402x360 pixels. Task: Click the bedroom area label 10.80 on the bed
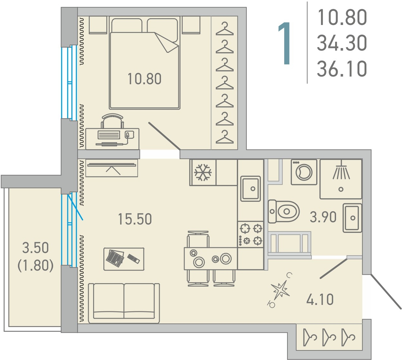pyautogui.click(x=144, y=79)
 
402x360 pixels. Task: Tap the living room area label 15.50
pyautogui.click(x=135, y=219)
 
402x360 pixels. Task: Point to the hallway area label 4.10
pyautogui.click(x=320, y=299)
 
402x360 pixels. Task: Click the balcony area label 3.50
pyautogui.click(x=36, y=248)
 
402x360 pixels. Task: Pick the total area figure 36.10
pyautogui.click(x=342, y=69)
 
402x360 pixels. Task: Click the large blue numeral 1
pyautogui.click(x=285, y=43)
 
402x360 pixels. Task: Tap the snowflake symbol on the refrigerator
pyautogui.click(x=203, y=172)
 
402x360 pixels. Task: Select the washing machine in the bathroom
pyautogui.click(x=304, y=172)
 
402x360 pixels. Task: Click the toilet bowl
pyautogui.click(x=284, y=211)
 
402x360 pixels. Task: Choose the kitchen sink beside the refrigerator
pyautogui.click(x=250, y=189)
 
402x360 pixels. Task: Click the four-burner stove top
pyautogui.click(x=251, y=234)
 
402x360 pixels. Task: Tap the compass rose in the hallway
pyautogui.click(x=280, y=290)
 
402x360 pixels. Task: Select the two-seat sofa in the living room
pyautogui.click(x=124, y=303)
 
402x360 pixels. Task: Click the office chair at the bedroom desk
pyautogui.click(x=112, y=121)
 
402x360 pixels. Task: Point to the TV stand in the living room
pyautogui.click(x=111, y=168)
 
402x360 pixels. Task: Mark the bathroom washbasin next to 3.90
pyautogui.click(x=352, y=218)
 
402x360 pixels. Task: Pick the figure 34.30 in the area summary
pyautogui.click(x=342, y=43)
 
